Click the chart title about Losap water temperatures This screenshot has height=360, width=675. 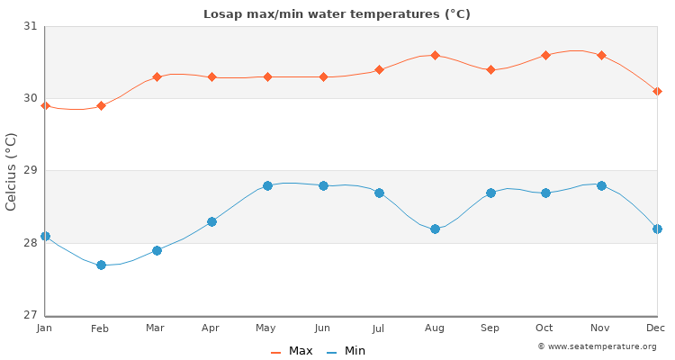[x=337, y=14]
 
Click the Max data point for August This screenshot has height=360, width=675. [x=435, y=56]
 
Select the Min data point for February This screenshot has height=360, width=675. [x=101, y=265]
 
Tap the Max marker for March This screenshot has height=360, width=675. [x=157, y=77]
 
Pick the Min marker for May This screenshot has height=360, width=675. [x=267, y=185]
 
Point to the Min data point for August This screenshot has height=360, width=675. [x=435, y=229]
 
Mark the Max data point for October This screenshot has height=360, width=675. [x=545, y=56]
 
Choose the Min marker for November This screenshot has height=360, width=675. [x=601, y=185]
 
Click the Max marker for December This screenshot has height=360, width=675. [x=657, y=91]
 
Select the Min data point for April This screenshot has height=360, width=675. [x=211, y=221]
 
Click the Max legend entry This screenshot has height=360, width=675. [x=292, y=351]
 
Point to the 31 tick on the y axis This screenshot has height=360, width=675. [x=30, y=26]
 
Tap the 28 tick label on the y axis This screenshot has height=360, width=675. [x=30, y=243]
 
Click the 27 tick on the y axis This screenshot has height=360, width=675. [x=30, y=315]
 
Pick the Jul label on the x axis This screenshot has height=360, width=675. [x=379, y=328]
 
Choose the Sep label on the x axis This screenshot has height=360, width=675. [x=490, y=328]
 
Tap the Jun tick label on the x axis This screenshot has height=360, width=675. [x=323, y=328]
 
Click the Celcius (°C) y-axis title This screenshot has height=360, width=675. [x=12, y=171]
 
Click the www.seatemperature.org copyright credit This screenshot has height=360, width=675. [x=597, y=346]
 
